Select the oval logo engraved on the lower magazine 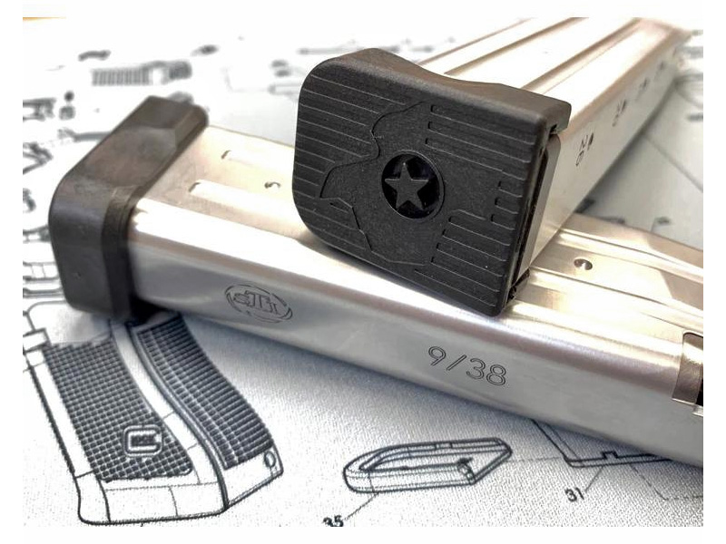coord(259,303)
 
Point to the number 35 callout coord(333,520)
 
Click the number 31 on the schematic coord(574,495)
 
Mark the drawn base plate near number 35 coord(427,463)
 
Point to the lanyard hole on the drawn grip coord(270,460)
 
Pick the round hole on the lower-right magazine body coord(582,265)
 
